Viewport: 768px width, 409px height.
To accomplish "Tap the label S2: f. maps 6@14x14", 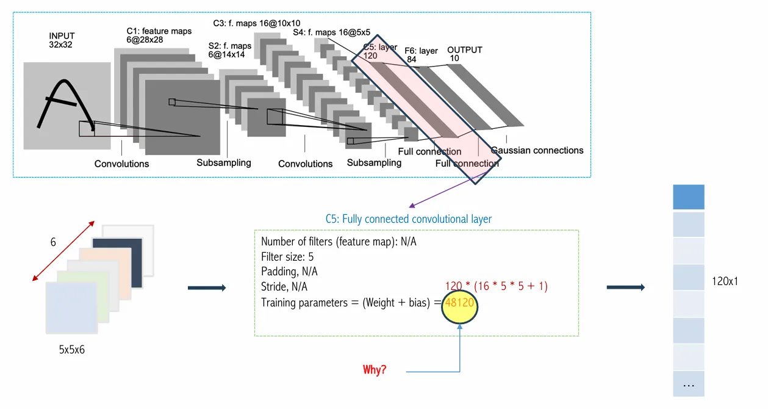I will [229, 50].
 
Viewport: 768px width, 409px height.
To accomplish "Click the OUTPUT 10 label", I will [464, 54].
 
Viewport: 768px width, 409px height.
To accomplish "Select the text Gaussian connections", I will [537, 150].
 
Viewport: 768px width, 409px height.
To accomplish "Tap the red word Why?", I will [374, 370].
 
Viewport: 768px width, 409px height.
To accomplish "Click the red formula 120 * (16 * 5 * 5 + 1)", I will [497, 285].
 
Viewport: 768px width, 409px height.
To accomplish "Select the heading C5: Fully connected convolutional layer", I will [408, 219].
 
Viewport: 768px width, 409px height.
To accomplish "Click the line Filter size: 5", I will [287, 256].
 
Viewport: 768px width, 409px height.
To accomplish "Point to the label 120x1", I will [725, 281].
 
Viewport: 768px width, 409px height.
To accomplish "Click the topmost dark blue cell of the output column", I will [689, 197].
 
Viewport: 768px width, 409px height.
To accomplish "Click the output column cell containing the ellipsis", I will [689, 385].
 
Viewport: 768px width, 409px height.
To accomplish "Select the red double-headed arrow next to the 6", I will [63, 250].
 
